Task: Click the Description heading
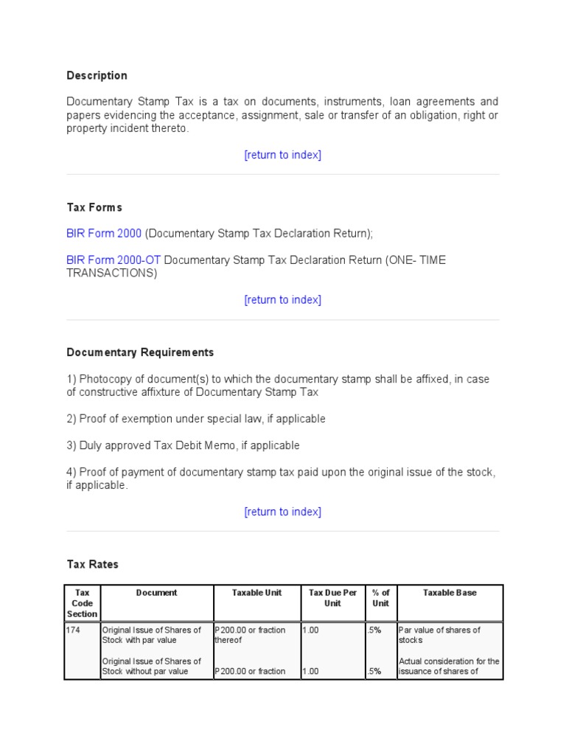[97, 75]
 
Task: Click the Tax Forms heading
[94, 207]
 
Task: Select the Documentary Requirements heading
[140, 352]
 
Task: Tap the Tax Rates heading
[92, 564]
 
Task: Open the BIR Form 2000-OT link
[113, 260]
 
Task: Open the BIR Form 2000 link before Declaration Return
[104, 233]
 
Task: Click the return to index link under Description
[282, 155]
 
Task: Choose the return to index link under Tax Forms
[282, 300]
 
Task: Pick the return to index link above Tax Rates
[282, 512]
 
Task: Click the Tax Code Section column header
[82, 603]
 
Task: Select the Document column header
[156, 593]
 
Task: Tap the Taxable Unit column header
[256, 593]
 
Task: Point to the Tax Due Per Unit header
[332, 598]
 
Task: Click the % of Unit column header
[380, 598]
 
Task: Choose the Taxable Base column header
[450, 593]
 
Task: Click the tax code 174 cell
[74, 630]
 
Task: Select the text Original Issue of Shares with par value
[151, 635]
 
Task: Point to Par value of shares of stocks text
[439, 635]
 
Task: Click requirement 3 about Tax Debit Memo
[183, 445]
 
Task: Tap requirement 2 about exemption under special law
[195, 419]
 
